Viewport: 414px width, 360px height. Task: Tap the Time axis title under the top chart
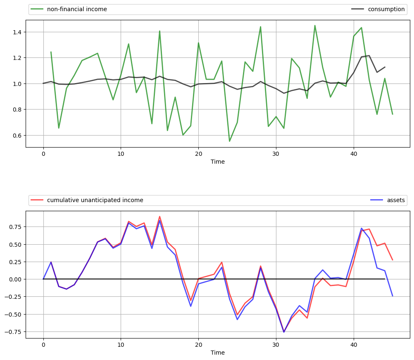click(218, 162)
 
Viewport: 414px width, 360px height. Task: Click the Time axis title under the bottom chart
click(218, 353)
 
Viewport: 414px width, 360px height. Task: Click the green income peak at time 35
click(315, 26)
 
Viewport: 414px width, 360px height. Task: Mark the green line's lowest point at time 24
click(229, 141)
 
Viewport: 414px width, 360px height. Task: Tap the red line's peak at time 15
click(159, 216)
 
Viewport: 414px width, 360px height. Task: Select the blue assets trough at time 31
click(284, 332)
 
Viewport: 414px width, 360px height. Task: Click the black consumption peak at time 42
click(369, 55)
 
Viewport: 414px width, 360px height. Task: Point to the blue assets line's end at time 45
click(393, 296)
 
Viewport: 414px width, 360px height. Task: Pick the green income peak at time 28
click(260, 27)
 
